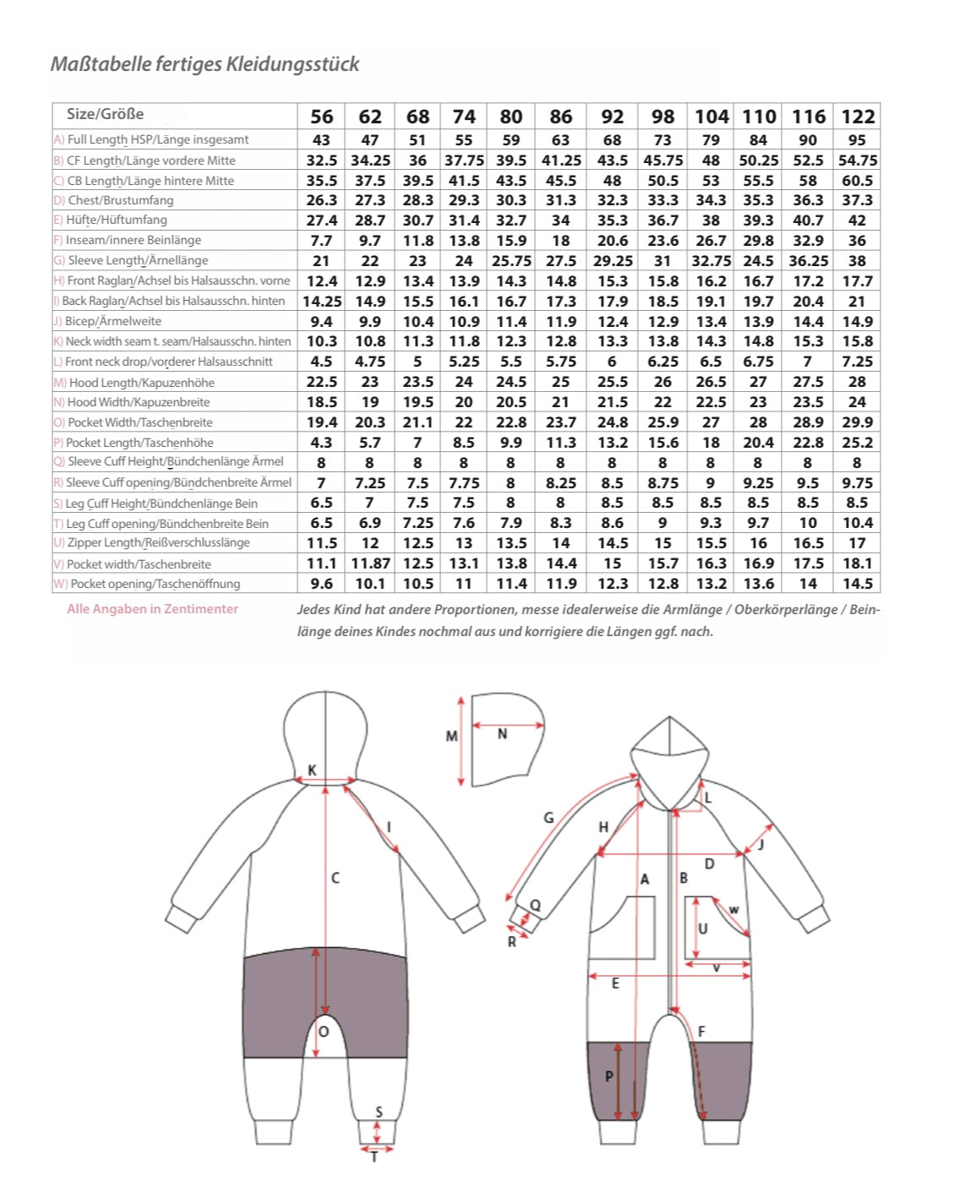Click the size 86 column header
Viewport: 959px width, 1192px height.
[561, 117]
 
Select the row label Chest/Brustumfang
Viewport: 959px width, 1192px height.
[114, 200]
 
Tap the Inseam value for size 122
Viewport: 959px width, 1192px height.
[857, 241]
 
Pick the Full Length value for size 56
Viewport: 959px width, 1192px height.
[321, 140]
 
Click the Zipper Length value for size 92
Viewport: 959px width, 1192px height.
[613, 543]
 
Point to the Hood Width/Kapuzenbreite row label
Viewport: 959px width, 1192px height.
[132, 402]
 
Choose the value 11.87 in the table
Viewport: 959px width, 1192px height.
[371, 563]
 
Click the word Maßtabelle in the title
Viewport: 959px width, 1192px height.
[101, 63]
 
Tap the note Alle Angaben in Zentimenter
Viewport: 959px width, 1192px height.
[152, 609]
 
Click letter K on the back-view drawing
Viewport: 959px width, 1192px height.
[312, 770]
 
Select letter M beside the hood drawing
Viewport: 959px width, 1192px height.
[452, 736]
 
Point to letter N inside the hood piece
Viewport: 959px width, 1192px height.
[503, 734]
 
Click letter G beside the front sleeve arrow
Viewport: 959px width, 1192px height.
[548, 818]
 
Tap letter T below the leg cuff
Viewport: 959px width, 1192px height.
[374, 1158]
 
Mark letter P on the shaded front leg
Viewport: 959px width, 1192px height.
[609, 1076]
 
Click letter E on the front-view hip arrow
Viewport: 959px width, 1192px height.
[615, 983]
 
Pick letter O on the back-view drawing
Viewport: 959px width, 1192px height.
[324, 1032]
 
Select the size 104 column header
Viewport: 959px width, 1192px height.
[711, 117]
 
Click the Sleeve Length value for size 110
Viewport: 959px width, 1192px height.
[758, 261]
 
